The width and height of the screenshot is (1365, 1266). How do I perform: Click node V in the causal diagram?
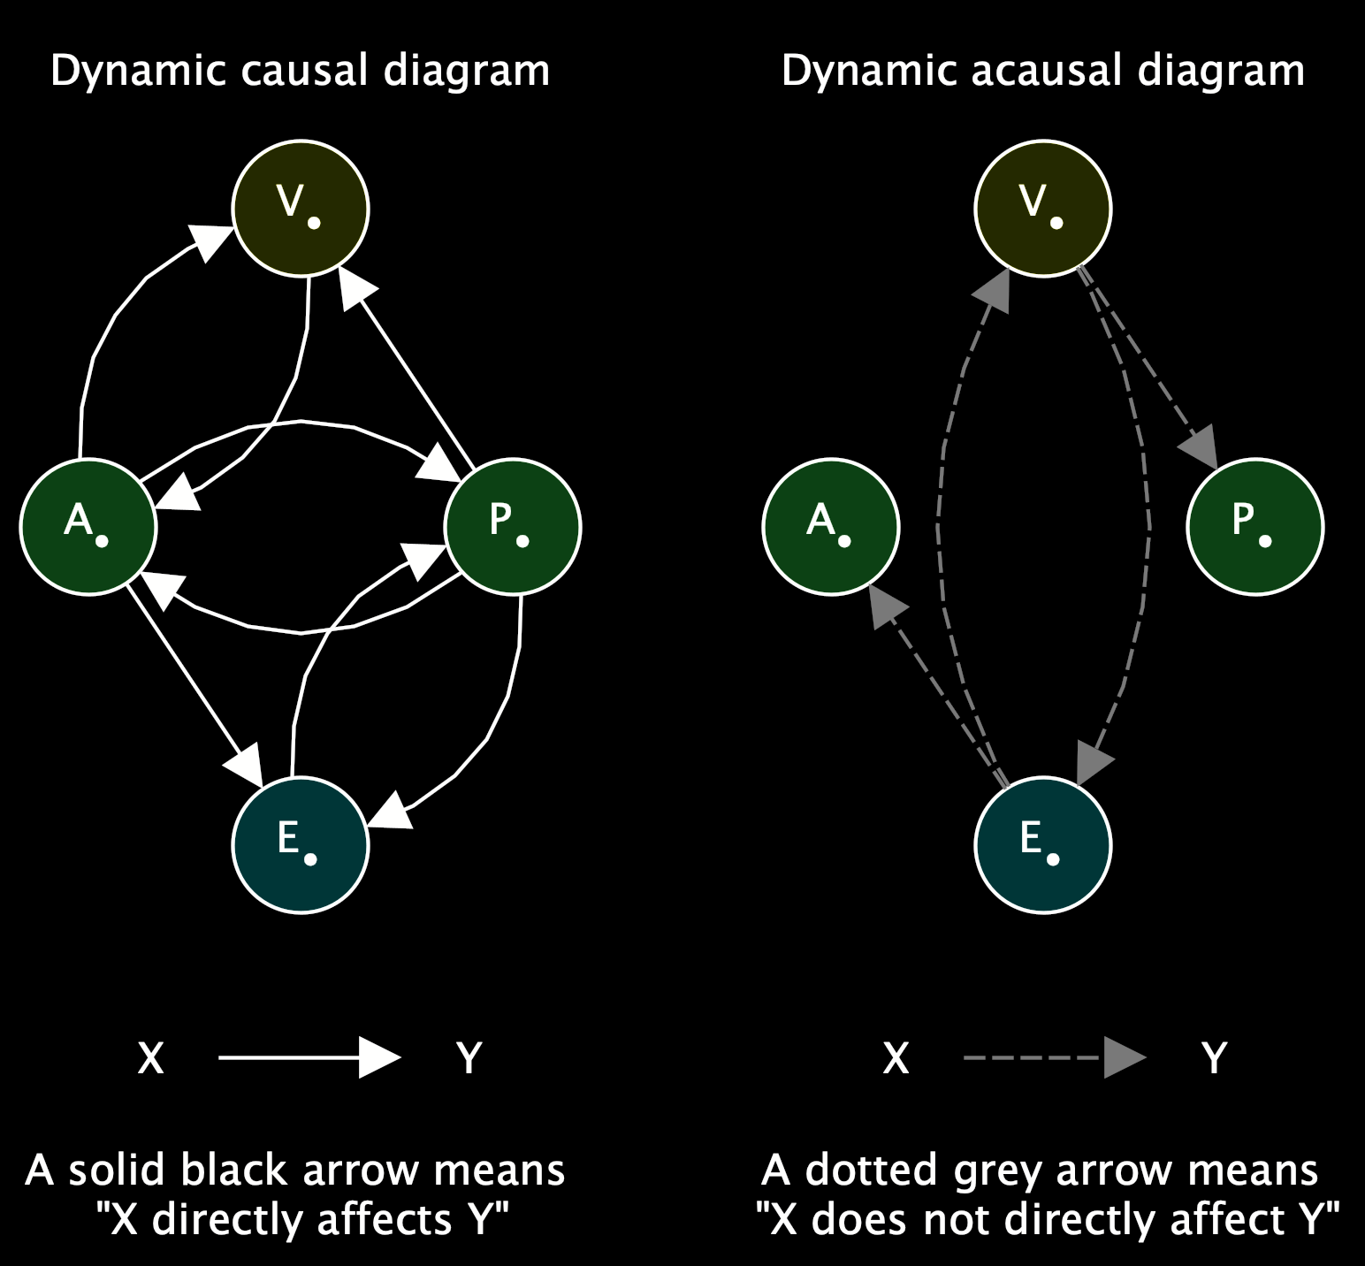(301, 209)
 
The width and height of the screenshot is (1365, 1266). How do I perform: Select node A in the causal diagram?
(88, 527)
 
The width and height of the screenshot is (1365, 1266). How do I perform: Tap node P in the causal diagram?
(513, 527)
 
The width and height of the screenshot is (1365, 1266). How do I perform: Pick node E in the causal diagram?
(301, 845)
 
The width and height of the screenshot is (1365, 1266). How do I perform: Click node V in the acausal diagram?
(1043, 209)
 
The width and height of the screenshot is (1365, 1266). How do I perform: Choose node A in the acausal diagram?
(831, 527)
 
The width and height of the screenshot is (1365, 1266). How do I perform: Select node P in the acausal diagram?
(1255, 527)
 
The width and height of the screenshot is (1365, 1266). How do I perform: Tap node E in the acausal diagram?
(1043, 845)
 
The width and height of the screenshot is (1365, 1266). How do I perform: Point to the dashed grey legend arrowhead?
(1124, 1057)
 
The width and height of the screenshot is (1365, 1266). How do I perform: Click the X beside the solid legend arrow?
(151, 1057)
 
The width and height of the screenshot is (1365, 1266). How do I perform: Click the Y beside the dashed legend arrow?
(1215, 1057)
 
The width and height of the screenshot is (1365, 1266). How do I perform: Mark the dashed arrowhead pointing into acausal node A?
(887, 606)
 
